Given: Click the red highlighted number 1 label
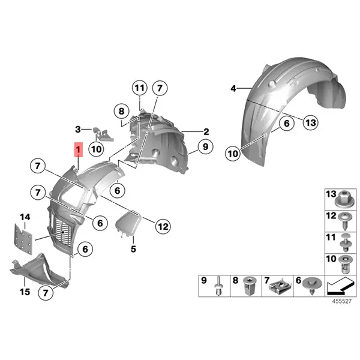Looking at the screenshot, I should click(77, 149).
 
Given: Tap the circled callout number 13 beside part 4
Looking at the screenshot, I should click(310, 123).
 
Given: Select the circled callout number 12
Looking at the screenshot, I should click(163, 226).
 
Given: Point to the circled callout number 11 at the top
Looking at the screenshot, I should click(139, 89).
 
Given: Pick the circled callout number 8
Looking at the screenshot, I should click(121, 111).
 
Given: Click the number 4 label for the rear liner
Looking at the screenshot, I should click(233, 89).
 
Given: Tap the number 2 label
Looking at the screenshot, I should click(206, 131).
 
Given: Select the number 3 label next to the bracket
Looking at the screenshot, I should click(77, 129).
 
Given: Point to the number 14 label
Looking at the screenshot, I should click(25, 217).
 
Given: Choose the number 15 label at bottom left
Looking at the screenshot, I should click(25, 292).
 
